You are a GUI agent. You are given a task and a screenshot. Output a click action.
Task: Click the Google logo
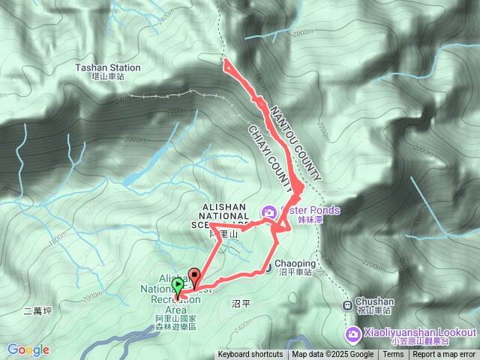pyautogui.click(x=28, y=349)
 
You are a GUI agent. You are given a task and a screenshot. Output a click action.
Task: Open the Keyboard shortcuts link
pyautogui.click(x=250, y=355)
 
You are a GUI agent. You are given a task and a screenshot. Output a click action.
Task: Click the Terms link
pyautogui.click(x=393, y=355)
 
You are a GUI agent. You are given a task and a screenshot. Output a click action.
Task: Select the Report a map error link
pyautogui.click(x=444, y=355)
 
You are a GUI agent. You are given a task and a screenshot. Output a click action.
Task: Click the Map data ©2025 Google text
pyautogui.click(x=332, y=355)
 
